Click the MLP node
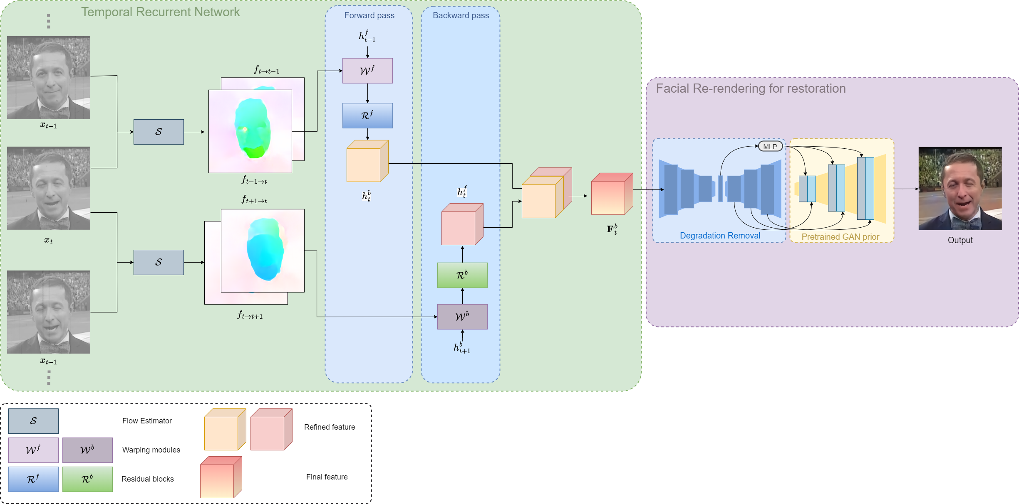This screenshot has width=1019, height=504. (770, 147)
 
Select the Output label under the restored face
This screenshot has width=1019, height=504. (960, 240)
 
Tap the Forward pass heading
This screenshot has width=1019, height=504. (369, 15)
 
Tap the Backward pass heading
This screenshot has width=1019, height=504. (461, 15)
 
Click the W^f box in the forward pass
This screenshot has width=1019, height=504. (367, 71)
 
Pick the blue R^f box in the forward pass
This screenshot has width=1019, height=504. (367, 116)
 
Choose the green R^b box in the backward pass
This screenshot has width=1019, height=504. (462, 275)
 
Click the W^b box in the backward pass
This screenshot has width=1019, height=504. (462, 317)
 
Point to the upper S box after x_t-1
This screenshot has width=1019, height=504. (159, 132)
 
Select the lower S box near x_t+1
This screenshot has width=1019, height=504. (159, 262)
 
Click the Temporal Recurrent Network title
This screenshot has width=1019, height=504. (160, 12)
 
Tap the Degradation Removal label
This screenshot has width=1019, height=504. (720, 236)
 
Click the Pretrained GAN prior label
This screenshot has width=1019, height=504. (840, 237)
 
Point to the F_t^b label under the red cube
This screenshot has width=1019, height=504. (612, 229)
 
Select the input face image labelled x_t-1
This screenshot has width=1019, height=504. (49, 78)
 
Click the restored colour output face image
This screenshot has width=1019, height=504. (960, 188)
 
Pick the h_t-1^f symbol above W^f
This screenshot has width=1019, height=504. (367, 37)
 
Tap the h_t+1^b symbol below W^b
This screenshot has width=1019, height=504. (462, 348)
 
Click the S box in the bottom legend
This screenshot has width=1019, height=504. (33, 421)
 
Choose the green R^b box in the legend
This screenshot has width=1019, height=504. (87, 479)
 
